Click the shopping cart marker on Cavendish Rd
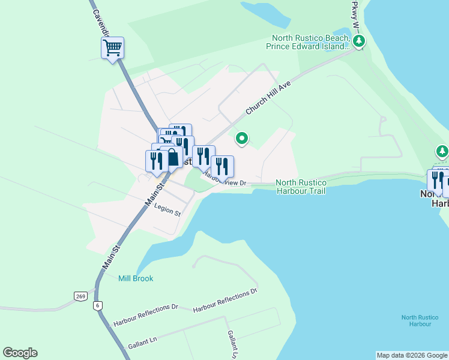(x=112, y=48)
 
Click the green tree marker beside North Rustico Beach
(x=359, y=41)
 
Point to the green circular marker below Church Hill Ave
(x=242, y=139)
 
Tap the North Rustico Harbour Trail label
(x=301, y=187)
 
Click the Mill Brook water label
(x=136, y=278)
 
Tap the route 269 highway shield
(x=81, y=296)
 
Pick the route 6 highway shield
(x=97, y=305)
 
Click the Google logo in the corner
(x=20, y=353)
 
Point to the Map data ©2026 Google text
(x=411, y=355)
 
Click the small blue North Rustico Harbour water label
(x=417, y=320)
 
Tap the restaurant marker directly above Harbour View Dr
(x=222, y=167)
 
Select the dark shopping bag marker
(x=172, y=158)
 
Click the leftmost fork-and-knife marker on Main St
(x=154, y=161)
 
